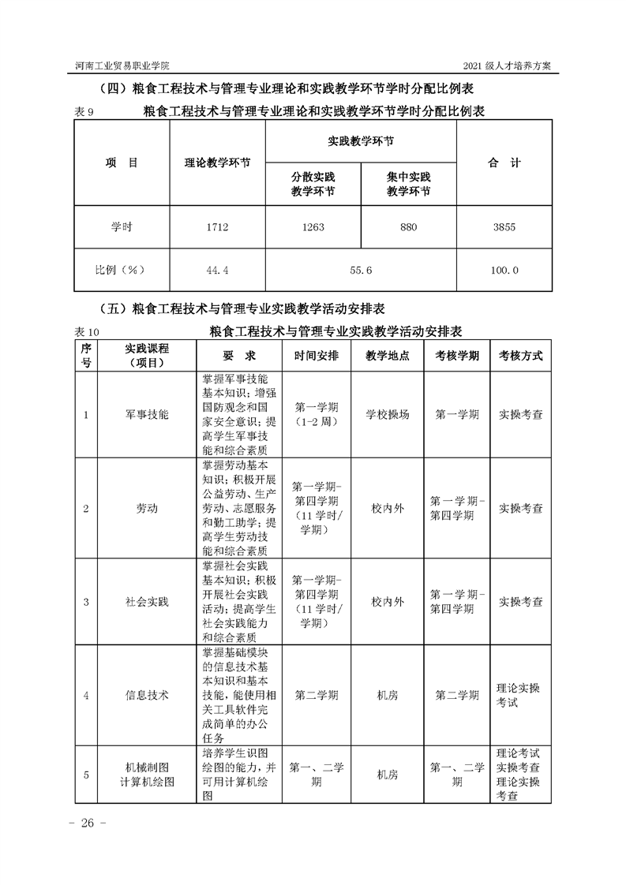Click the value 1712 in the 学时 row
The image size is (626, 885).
click(x=217, y=227)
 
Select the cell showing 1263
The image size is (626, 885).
click(x=313, y=227)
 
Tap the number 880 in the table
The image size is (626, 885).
click(x=408, y=227)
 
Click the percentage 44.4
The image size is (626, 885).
click(x=217, y=270)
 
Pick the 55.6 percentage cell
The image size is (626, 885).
click(x=360, y=270)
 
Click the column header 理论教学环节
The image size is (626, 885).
click(x=217, y=163)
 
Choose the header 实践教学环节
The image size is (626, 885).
click(x=361, y=141)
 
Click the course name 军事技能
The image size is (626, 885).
click(x=147, y=414)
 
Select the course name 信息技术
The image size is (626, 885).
click(x=147, y=695)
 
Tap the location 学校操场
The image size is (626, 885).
click(x=388, y=414)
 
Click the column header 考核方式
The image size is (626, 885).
click(x=520, y=356)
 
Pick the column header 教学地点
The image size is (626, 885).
click(x=388, y=356)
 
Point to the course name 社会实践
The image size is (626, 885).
click(x=147, y=601)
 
